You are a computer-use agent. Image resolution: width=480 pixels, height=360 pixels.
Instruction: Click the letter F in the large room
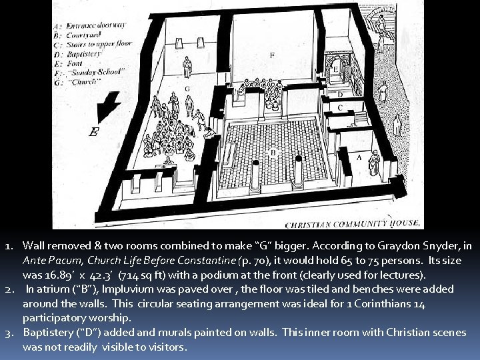point(271,55)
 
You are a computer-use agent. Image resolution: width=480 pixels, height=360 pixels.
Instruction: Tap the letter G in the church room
point(187,88)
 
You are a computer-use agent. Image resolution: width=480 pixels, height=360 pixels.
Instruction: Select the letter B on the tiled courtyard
point(272,153)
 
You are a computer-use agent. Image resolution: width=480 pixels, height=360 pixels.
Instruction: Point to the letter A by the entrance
point(359,157)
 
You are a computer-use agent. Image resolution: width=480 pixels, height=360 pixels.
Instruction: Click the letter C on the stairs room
point(340,107)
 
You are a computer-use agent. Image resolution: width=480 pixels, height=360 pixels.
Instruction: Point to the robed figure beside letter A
point(374,162)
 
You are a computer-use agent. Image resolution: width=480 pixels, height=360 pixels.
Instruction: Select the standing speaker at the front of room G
point(189,67)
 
